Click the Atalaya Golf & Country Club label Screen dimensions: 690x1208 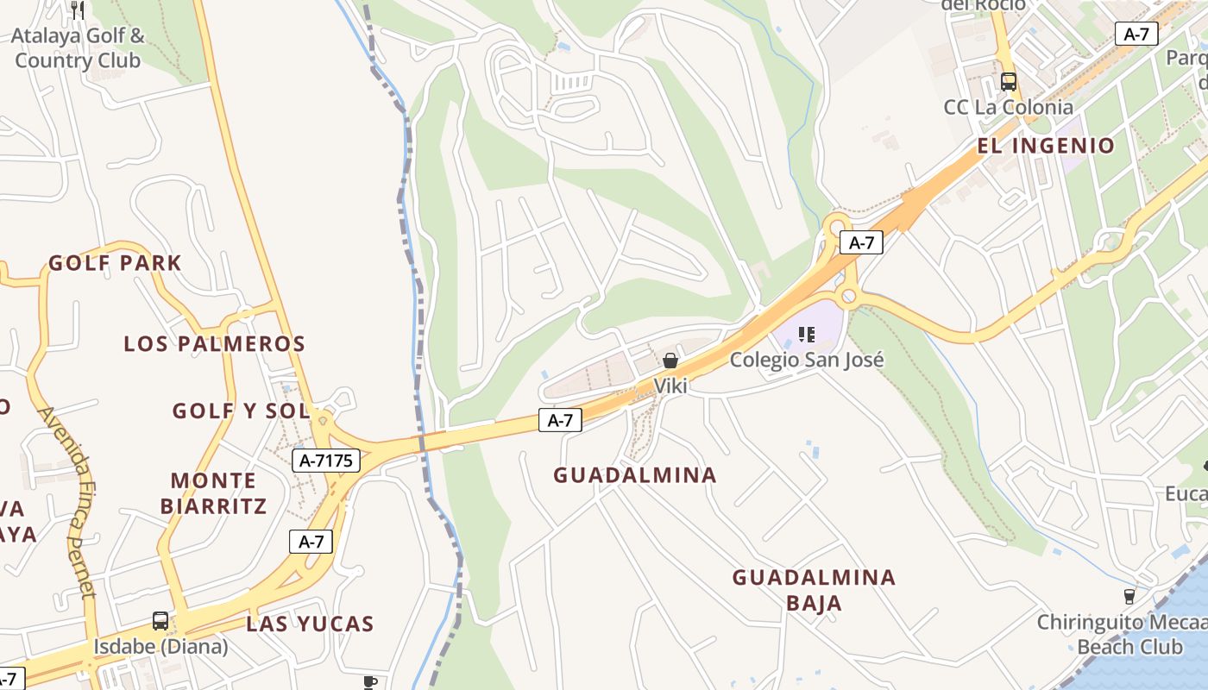tap(78, 48)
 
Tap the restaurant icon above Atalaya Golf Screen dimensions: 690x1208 tap(78, 9)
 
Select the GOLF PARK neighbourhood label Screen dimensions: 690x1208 tap(115, 263)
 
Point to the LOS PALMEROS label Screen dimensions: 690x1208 tap(215, 343)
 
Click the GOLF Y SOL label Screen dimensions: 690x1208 tap(241, 411)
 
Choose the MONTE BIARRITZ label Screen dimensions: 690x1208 tap(213, 492)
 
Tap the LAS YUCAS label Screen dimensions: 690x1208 tap(310, 624)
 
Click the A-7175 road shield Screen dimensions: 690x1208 tap(326, 461)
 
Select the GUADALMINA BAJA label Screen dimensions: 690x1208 tap(814, 589)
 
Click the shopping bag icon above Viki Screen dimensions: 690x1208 tap(670, 361)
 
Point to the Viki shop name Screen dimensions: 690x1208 tap(670, 386)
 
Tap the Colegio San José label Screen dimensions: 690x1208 tap(807, 359)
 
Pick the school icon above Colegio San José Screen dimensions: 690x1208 tap(807, 334)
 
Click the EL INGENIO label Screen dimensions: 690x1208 tap(1046, 146)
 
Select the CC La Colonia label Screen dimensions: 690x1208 tap(1008, 108)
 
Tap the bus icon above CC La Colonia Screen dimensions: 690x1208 tap(1008, 82)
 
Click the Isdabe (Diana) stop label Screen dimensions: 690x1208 tap(160, 646)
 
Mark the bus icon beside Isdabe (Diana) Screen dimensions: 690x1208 tap(160, 620)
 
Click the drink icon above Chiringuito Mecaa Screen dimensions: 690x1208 tap(1129, 596)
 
